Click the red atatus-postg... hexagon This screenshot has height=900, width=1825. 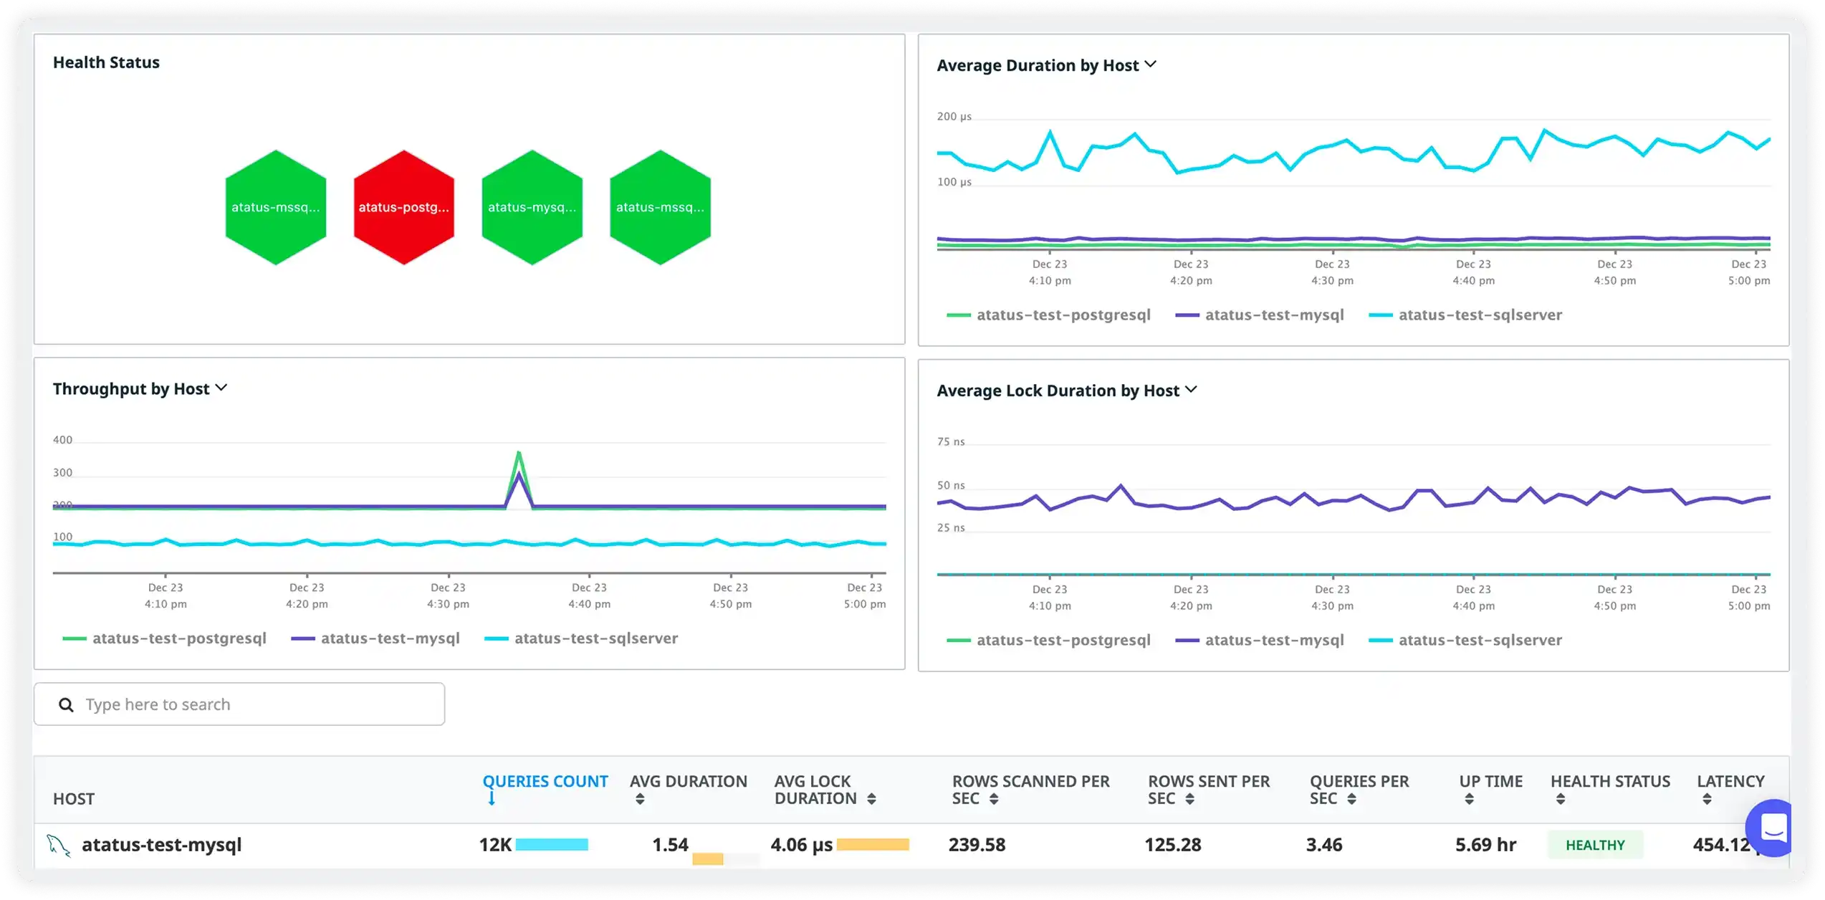click(x=403, y=207)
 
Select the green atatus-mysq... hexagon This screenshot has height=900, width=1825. click(x=532, y=207)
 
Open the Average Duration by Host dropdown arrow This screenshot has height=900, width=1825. click(x=1151, y=64)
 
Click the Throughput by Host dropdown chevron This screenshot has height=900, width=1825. click(x=221, y=388)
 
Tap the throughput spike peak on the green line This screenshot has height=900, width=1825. click(x=519, y=453)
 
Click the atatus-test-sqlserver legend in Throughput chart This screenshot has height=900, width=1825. click(x=595, y=638)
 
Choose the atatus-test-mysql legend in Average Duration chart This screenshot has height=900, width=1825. click(x=1274, y=315)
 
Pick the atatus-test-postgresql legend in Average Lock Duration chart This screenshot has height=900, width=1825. click(x=1063, y=641)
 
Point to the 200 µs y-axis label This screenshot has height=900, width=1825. click(x=954, y=117)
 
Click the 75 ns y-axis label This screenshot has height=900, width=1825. click(x=951, y=442)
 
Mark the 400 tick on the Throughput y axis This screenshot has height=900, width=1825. click(x=62, y=440)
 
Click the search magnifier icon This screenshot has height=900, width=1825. click(x=66, y=705)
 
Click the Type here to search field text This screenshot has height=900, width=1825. click(x=158, y=705)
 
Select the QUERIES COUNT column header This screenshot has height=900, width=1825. click(x=545, y=782)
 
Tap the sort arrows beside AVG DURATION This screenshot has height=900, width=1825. click(x=640, y=800)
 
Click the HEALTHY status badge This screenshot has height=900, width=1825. click(x=1594, y=846)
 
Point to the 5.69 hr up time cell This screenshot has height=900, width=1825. click(x=1485, y=845)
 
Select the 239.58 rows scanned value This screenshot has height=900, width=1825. click(x=977, y=845)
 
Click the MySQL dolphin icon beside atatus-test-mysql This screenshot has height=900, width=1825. click(x=59, y=846)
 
